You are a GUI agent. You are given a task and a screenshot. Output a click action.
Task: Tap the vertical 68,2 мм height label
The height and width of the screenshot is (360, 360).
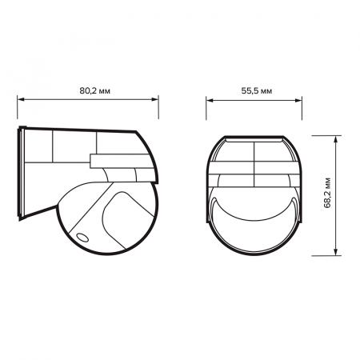[x=327, y=194]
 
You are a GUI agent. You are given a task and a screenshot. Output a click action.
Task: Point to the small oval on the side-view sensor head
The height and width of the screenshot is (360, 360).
[x=82, y=237]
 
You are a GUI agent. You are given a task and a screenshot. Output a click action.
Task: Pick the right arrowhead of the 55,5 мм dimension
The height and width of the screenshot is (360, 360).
[x=302, y=101]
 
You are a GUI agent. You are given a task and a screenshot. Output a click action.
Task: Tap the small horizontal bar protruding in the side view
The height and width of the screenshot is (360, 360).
[x=112, y=162]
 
